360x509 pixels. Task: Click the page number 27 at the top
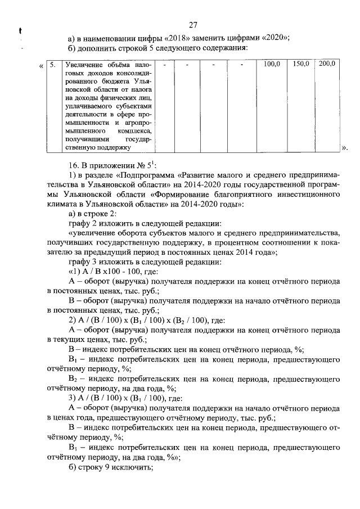point(193,25)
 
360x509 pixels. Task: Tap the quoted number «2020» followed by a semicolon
point(276,38)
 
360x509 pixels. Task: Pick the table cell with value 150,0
point(301,64)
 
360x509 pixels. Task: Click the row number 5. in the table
point(52,65)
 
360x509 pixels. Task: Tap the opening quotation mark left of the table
point(41,65)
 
